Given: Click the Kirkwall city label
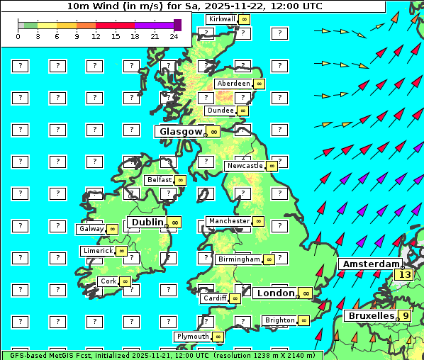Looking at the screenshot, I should tap(221, 19).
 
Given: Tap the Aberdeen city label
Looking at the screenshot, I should tap(233, 84).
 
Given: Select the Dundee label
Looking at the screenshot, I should tap(220, 111).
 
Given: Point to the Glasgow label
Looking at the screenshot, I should tap(181, 131).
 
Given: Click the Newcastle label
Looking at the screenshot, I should tap(244, 166).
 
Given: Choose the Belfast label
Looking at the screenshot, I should tap(160, 180).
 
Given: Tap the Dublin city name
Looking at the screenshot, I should tap(147, 222).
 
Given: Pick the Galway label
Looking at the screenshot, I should tap(91, 229).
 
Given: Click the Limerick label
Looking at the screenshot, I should tap(97, 251).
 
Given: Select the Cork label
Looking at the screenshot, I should tap(108, 281).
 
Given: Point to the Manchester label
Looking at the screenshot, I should tap(229, 221).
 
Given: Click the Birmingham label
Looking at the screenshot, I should tap(239, 259).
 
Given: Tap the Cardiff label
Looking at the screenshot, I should tap(214, 298).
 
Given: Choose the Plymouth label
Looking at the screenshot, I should tap(193, 337).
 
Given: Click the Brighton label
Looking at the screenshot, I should tap(279, 320).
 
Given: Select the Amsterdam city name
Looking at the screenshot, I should tap(369, 264).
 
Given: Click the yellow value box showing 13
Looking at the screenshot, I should tap(405, 274).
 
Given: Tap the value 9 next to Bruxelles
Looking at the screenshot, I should tap(405, 315).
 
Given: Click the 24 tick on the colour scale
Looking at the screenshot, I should tap(174, 36).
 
